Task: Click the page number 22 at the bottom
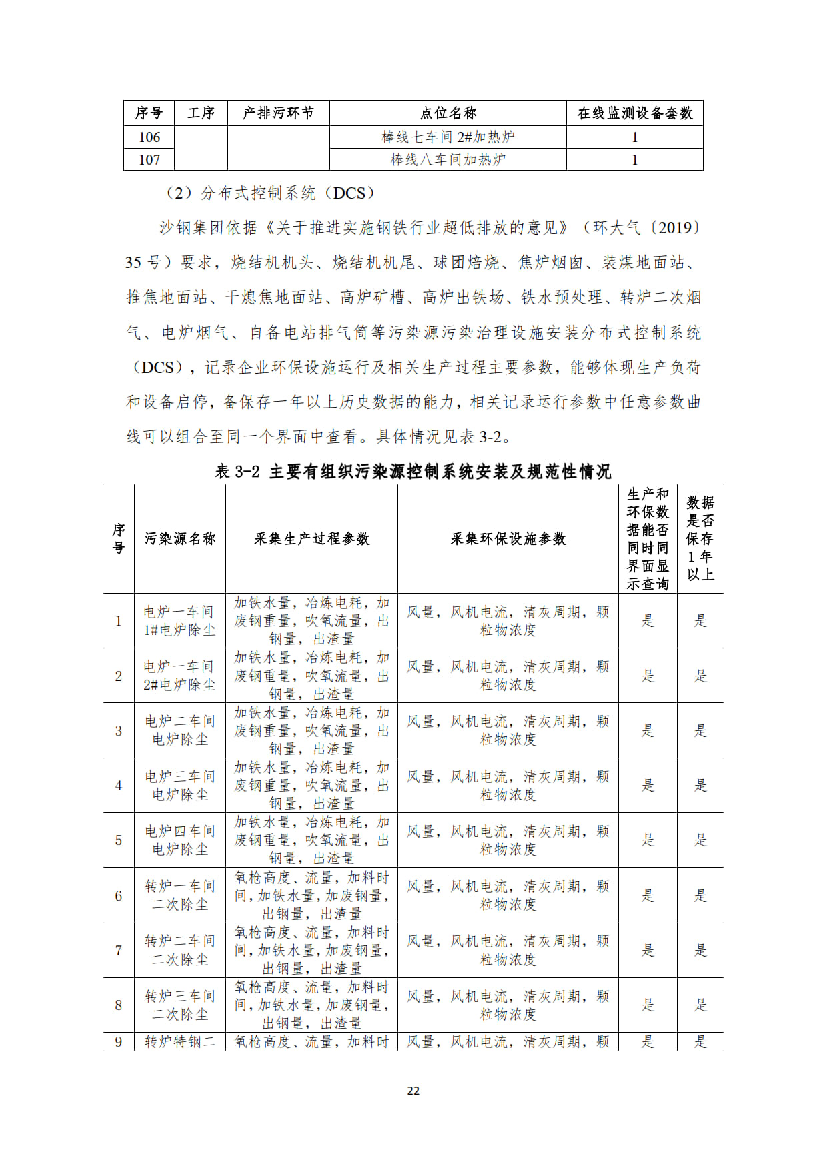[413, 1091]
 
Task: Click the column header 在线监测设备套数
[634, 113]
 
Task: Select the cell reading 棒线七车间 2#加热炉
[448, 137]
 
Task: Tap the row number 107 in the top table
[149, 160]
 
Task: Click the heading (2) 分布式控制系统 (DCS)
[269, 193]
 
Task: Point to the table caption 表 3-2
[413, 472]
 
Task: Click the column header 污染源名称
[180, 539]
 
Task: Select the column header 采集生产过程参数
[311, 539]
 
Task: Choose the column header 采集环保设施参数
[508, 539]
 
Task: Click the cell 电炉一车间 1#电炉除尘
[180, 621]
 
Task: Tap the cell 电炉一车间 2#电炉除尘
[180, 676]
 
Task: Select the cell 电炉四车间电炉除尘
[180, 840]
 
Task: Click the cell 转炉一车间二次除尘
[180, 895]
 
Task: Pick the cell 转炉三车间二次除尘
[180, 1005]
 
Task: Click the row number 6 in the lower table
[119, 896]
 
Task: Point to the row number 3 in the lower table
[119, 731]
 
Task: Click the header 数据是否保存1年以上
[700, 539]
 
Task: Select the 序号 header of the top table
[149, 113]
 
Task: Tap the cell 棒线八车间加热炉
[448, 160]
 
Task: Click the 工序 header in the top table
[201, 113]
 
